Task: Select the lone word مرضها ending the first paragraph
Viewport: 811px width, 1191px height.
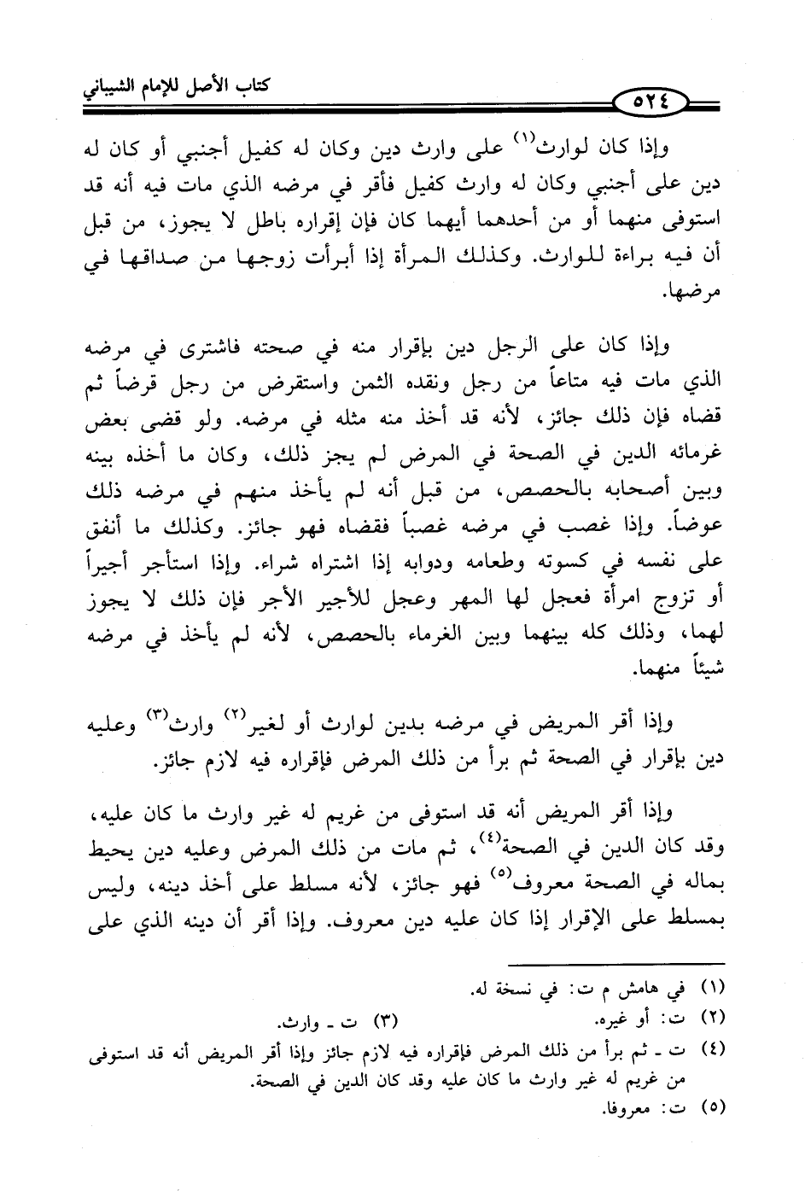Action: pos(694,293)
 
